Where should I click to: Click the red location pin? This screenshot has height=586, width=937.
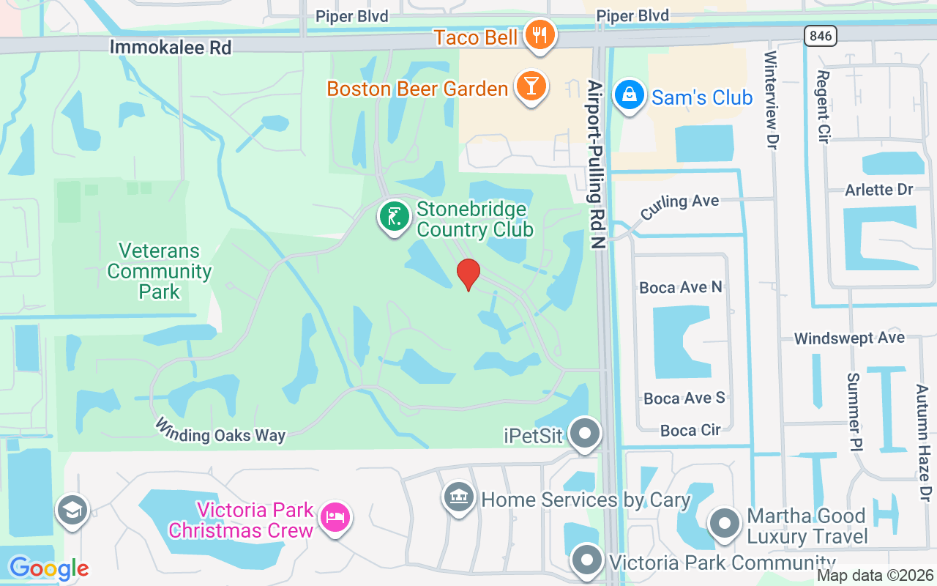click(x=468, y=273)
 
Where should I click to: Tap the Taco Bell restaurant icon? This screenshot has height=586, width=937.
click(x=540, y=35)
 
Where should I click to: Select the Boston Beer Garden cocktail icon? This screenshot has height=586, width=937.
click(x=531, y=86)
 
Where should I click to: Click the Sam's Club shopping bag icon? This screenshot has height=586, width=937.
click(x=628, y=95)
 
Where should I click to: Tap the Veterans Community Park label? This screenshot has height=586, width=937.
click(x=159, y=271)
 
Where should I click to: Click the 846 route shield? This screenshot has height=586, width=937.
click(x=820, y=35)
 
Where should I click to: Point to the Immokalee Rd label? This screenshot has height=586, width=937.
click(x=170, y=48)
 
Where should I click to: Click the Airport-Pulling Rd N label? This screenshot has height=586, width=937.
click(x=596, y=165)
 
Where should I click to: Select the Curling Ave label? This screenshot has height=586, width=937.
click(x=679, y=205)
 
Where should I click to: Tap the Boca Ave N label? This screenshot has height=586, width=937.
click(x=681, y=287)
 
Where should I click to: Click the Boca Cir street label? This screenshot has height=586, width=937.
click(x=690, y=430)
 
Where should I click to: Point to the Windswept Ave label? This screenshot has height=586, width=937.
click(x=849, y=338)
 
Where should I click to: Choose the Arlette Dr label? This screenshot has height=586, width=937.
click(x=878, y=190)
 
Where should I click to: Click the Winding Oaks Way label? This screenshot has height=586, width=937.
click(x=220, y=431)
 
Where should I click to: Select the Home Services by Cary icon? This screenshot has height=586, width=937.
click(x=459, y=498)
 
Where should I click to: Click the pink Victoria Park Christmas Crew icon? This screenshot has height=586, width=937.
click(x=336, y=517)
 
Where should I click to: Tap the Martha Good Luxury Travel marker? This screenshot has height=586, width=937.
click(x=725, y=524)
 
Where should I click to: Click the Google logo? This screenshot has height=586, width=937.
click(x=49, y=568)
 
